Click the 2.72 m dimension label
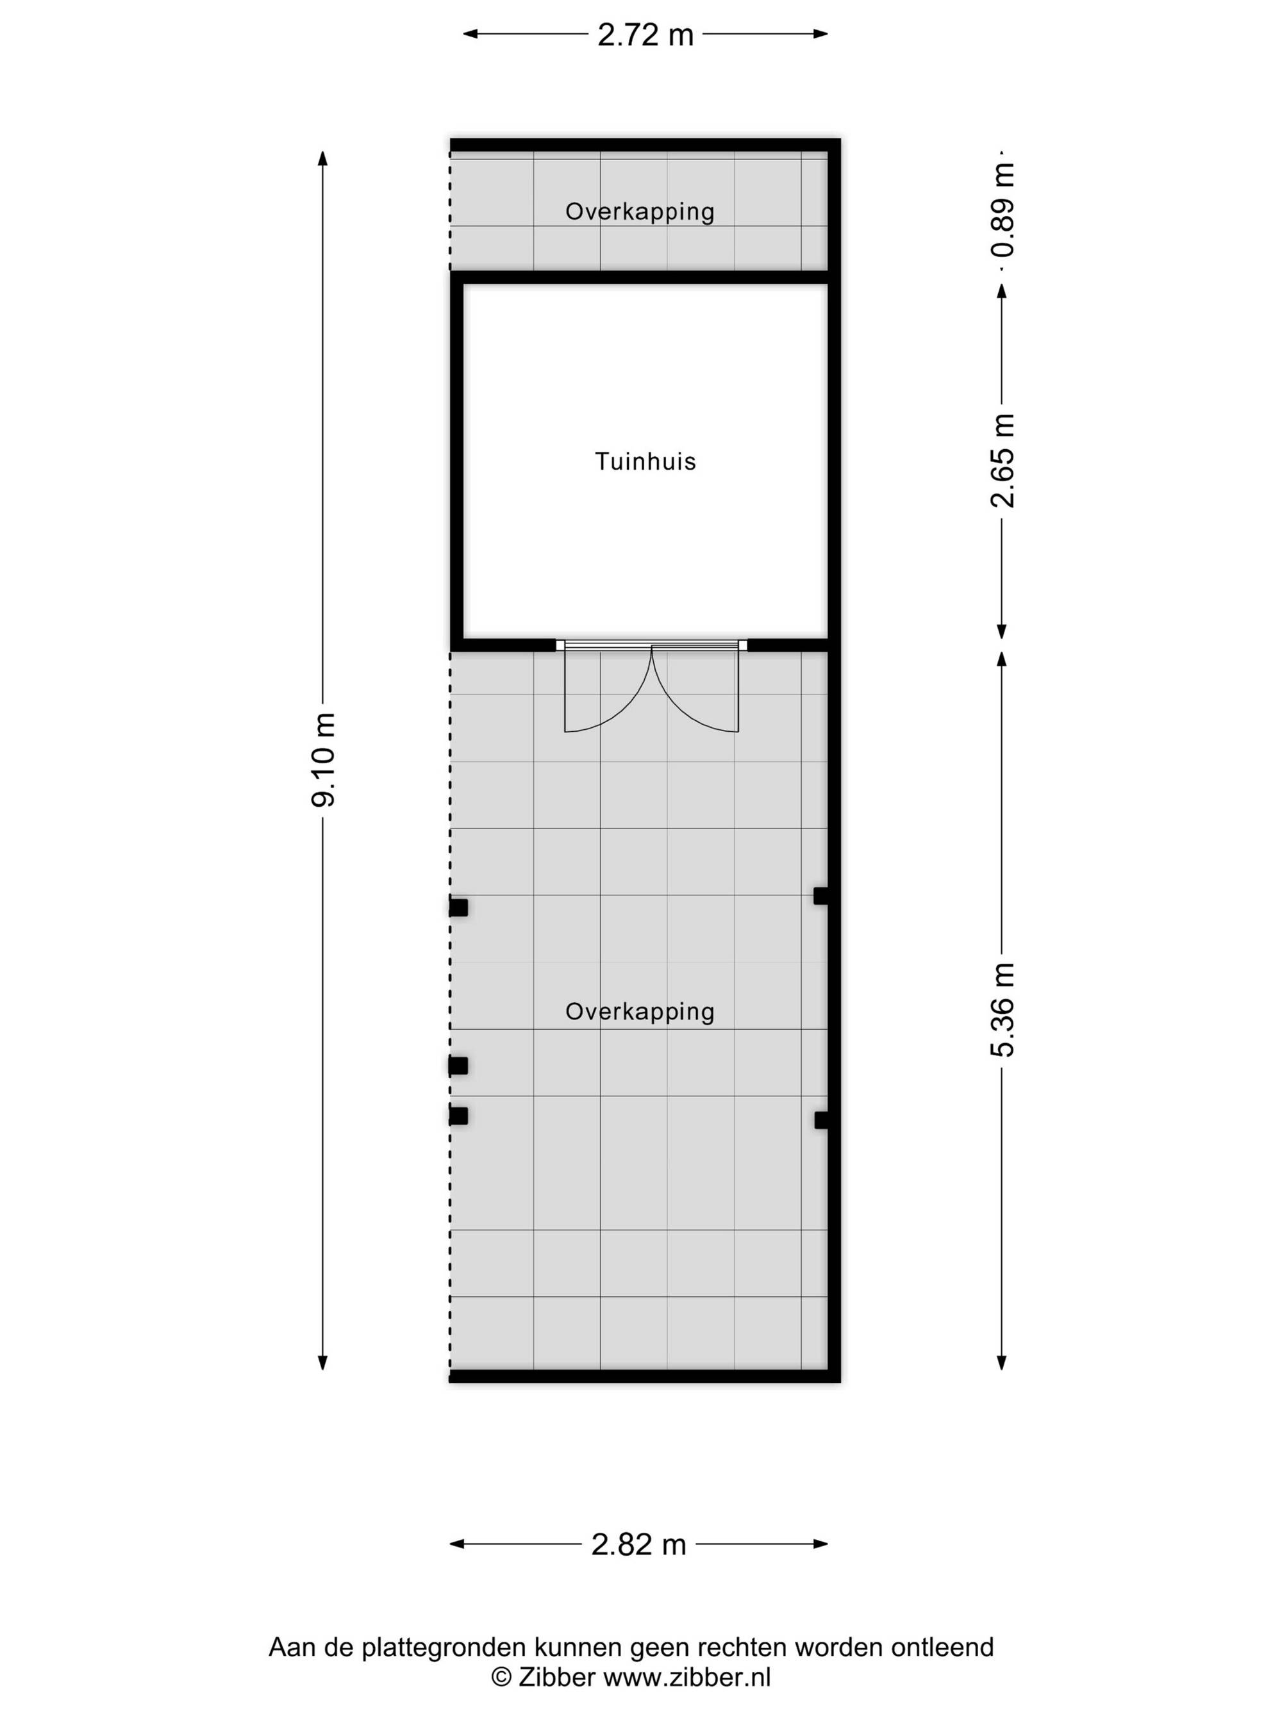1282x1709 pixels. [645, 35]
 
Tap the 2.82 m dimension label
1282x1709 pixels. [638, 1544]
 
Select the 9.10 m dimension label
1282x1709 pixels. [324, 759]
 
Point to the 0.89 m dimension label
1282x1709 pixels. [1003, 210]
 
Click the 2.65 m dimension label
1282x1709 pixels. [1003, 461]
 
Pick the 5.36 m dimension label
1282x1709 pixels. [1003, 1010]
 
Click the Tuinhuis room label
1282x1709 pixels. [645, 461]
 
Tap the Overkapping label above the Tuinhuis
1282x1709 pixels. [640, 211]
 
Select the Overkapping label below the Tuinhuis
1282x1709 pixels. [640, 1011]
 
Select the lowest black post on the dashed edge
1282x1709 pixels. [458, 1116]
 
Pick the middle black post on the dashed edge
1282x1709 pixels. [458, 1066]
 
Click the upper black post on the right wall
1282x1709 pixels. [821, 896]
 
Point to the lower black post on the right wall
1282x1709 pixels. [821, 1119]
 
